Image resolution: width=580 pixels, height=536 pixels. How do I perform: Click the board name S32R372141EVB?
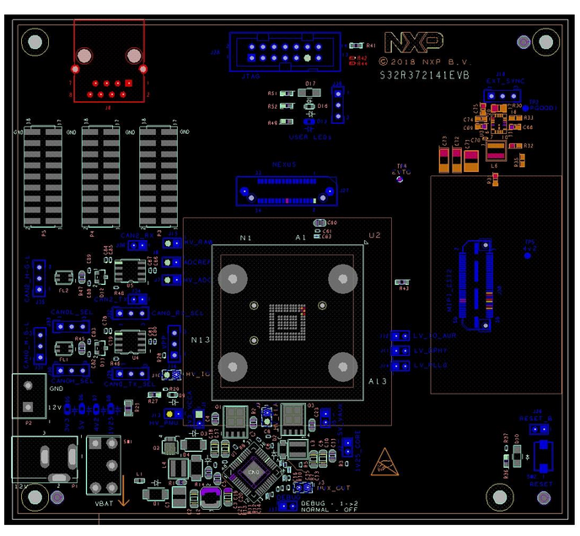(x=424, y=75)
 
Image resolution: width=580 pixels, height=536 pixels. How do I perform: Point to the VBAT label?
(x=105, y=503)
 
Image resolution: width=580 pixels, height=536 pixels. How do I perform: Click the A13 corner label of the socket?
(x=377, y=382)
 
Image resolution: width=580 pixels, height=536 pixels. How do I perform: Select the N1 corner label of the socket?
(x=245, y=239)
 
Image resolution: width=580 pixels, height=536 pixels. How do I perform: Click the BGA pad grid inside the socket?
(x=286, y=320)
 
